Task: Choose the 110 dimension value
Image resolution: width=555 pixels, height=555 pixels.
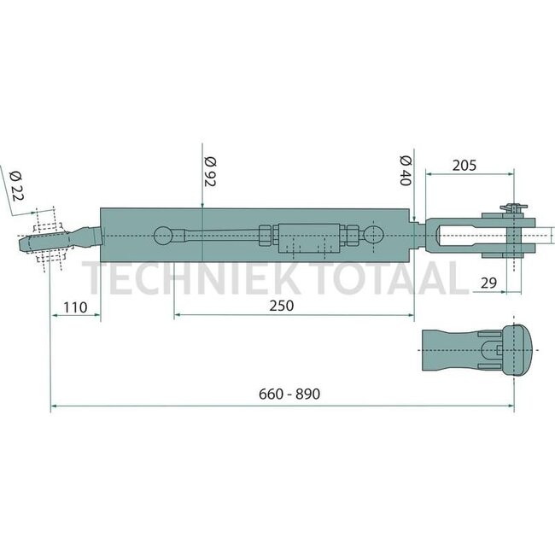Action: [x=75, y=306]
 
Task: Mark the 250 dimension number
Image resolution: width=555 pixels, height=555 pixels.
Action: [x=281, y=306]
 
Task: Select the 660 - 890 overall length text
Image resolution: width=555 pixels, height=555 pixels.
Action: [x=283, y=395]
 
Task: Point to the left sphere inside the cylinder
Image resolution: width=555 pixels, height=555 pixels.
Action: [x=164, y=234]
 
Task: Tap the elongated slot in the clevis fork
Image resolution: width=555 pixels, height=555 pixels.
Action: [x=466, y=235]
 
